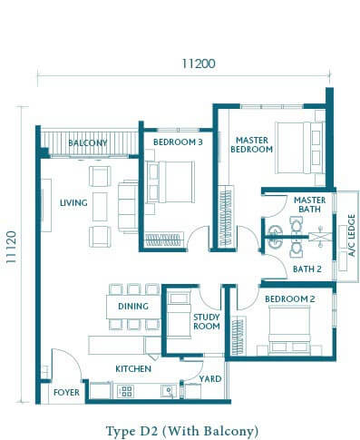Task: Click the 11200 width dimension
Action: pos(199,64)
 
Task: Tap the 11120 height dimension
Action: pos(11,247)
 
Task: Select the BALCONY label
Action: pos(88,142)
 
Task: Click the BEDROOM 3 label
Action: pos(178,142)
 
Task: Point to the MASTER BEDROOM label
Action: pos(251,144)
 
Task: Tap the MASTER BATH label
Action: pos(309,204)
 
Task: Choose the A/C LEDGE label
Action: pos(351,235)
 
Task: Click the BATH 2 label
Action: pos(307,269)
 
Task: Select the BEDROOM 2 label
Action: pos(290,299)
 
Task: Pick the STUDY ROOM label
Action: pos(207,321)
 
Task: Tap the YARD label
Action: pos(210,378)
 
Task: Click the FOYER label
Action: pos(66,392)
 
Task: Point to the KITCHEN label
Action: pos(133,368)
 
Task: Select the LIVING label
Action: pos(73,202)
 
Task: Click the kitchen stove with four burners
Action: pos(125,391)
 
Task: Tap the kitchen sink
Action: pos(168,391)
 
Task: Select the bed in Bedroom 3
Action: pos(170,181)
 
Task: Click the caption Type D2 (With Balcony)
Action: pos(182,431)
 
